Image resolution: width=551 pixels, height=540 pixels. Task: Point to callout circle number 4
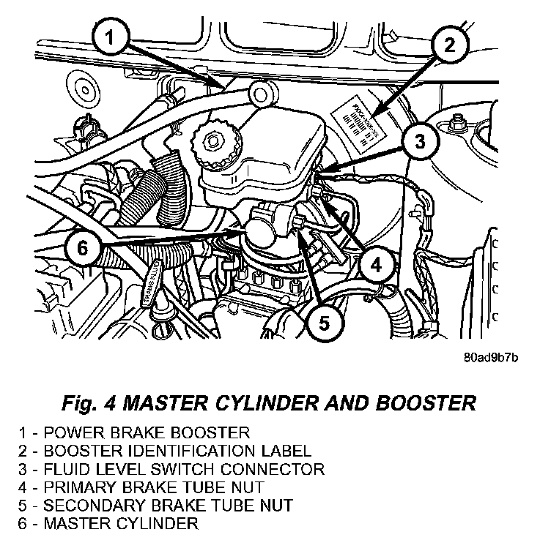tap(374, 267)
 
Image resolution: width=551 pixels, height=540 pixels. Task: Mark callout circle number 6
tap(82, 247)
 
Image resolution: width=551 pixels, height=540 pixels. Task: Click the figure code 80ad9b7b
tap(491, 359)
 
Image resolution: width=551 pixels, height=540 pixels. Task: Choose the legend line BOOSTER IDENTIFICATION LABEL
tap(166, 451)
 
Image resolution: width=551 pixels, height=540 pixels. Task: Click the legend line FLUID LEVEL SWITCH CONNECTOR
tap(172, 469)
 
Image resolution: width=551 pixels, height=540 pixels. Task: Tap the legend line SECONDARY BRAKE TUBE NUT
tap(157, 505)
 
